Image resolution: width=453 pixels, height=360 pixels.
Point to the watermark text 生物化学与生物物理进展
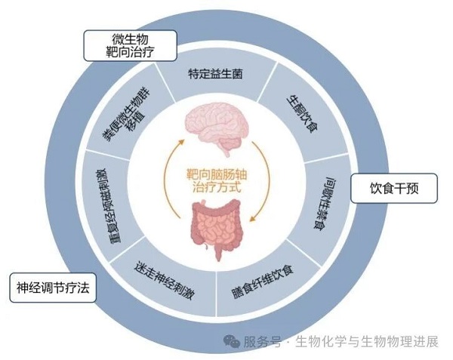[368, 341]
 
